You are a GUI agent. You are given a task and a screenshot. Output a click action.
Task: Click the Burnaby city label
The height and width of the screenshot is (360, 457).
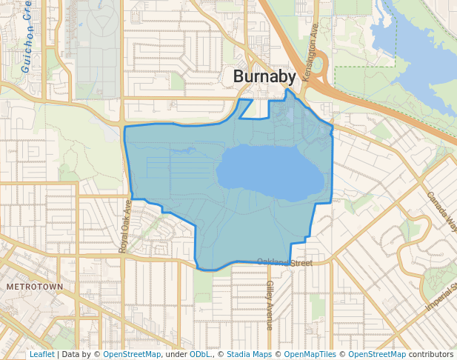tap(264, 76)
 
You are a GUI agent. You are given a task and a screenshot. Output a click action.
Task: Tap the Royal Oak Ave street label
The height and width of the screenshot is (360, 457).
tap(125, 226)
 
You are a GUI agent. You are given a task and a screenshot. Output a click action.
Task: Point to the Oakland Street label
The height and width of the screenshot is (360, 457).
tap(284, 262)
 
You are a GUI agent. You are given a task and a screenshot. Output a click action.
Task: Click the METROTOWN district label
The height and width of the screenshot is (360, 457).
tap(34, 285)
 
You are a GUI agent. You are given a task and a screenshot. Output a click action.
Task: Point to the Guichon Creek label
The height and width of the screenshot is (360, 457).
tap(28, 37)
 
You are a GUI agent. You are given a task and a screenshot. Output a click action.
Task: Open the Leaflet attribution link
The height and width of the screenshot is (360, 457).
tap(41, 354)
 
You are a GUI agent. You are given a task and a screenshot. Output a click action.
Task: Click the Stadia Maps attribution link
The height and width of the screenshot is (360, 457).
tap(249, 354)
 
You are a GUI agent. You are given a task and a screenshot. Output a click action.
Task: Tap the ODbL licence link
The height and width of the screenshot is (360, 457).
tap(201, 354)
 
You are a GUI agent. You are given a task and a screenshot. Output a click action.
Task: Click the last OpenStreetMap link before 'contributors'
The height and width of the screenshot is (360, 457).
tap(377, 354)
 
